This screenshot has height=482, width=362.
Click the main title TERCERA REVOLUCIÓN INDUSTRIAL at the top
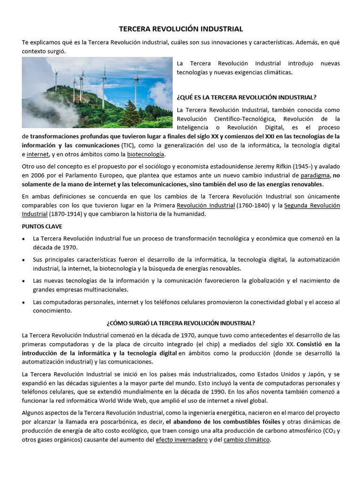(181, 29)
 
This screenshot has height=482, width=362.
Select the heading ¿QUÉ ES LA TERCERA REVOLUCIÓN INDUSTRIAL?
(246, 97)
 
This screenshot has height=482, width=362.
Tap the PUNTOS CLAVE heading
(42, 226)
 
